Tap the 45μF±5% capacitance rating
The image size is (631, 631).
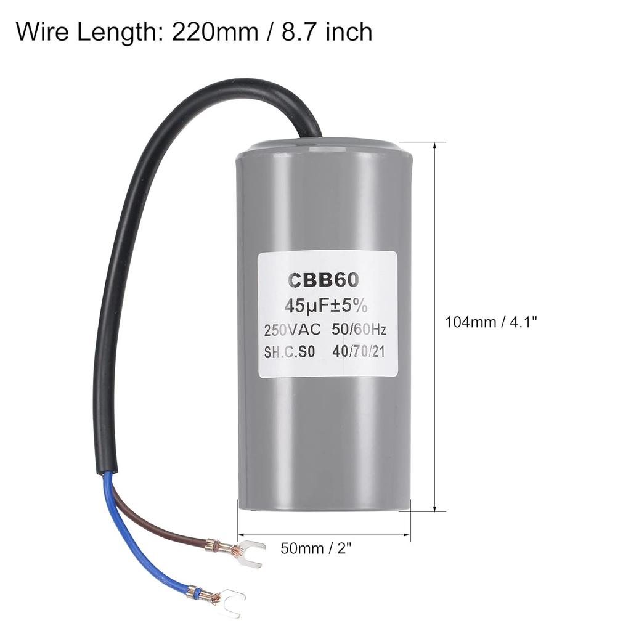(325, 305)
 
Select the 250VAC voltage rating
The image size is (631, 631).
(293, 330)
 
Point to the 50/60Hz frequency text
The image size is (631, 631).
(359, 330)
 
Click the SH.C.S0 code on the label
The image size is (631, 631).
(289, 352)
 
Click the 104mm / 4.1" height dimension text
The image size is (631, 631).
(491, 322)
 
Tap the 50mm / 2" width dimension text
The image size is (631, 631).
(319, 548)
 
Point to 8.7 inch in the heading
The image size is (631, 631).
(329, 31)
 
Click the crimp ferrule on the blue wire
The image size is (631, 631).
(196, 592)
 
